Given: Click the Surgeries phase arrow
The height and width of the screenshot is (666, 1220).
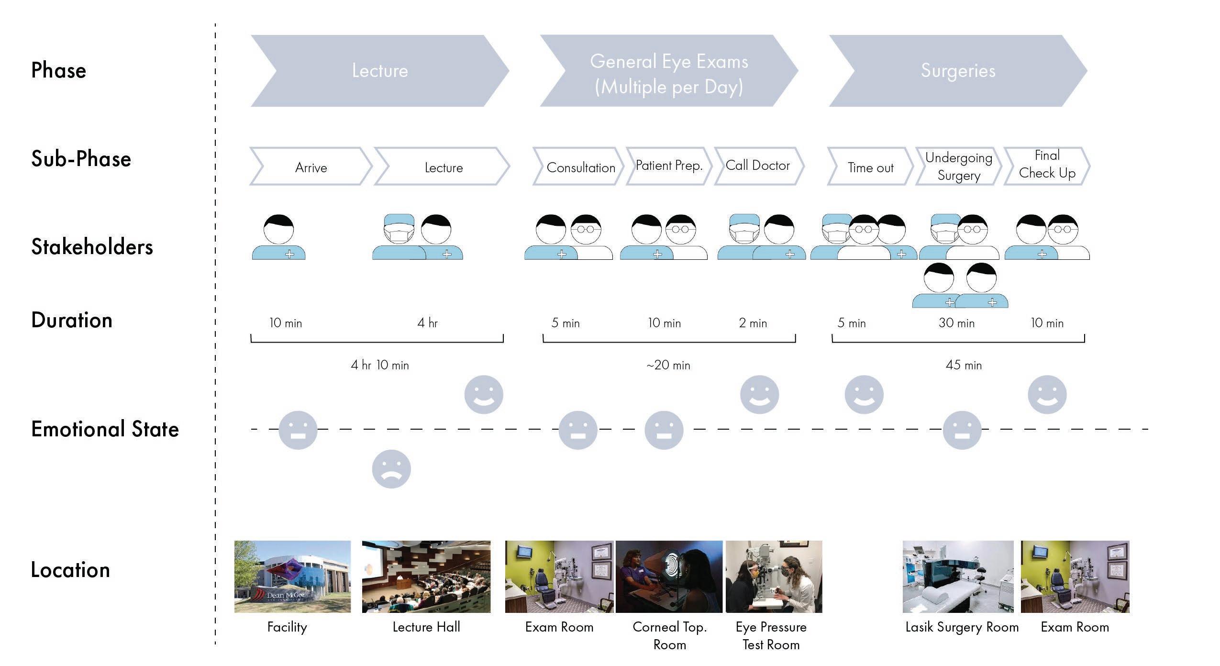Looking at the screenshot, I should pos(958,71).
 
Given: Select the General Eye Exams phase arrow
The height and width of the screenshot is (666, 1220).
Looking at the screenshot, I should pos(668,71).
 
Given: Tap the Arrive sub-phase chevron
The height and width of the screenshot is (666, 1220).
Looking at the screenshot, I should pos(311,167).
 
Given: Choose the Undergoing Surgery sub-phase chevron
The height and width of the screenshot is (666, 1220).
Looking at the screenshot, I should pos(958,166).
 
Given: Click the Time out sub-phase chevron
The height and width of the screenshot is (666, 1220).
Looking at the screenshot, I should pos(870,167).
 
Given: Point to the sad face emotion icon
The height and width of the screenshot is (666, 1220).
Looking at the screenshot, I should pos(391,469).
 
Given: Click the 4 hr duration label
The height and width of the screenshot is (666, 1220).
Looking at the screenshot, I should pos(427,323).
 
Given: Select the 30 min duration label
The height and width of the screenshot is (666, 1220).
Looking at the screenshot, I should pos(956,323).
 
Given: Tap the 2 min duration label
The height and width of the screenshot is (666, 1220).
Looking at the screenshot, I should pos(753,323).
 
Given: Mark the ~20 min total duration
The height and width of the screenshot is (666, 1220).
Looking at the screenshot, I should pos(668,365).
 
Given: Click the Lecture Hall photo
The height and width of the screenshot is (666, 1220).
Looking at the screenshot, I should pos(426,577).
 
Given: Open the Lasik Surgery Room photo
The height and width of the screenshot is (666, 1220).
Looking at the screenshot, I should pos(958,577).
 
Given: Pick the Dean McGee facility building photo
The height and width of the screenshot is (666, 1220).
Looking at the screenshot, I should pos(292,577).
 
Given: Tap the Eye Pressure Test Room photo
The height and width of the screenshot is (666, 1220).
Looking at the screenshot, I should pos(774,577).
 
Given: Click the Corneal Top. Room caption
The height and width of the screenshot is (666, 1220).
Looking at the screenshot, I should pos(669,635).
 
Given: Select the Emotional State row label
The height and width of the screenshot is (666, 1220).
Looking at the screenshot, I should pos(105,429).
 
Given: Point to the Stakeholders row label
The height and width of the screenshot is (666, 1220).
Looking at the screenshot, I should pos(92,247).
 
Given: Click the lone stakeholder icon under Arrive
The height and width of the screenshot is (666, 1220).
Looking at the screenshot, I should pos(278,237).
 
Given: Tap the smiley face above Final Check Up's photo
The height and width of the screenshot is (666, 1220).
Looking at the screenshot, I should pos(1047,395).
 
